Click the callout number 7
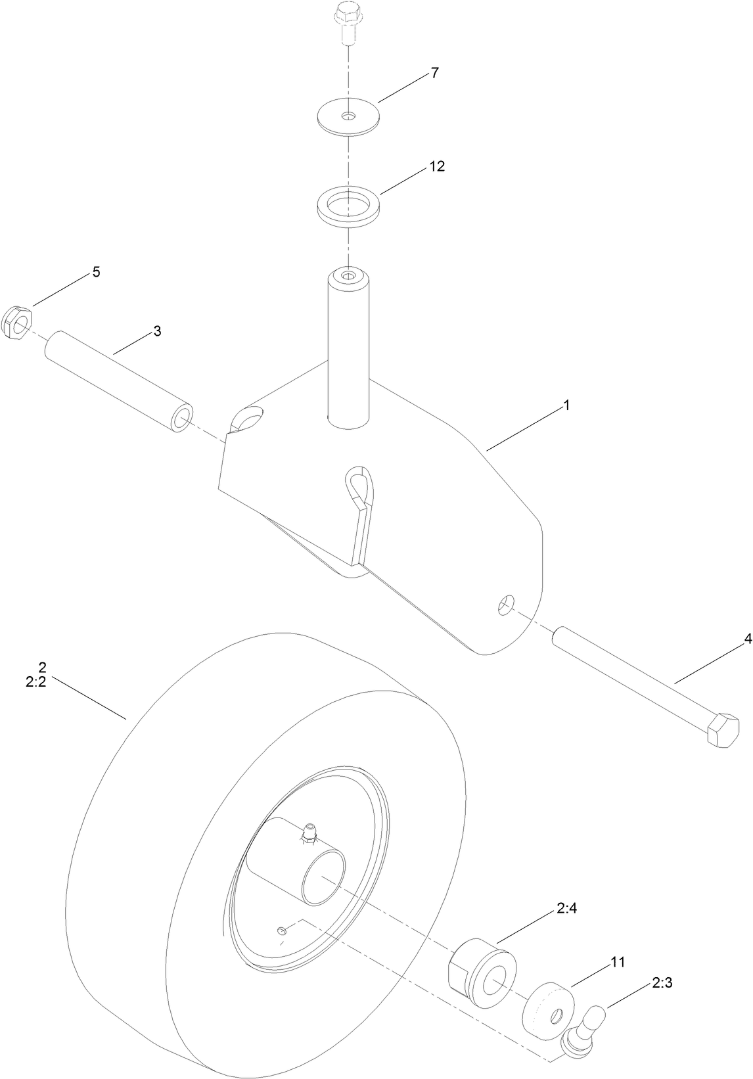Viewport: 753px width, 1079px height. pos(434,73)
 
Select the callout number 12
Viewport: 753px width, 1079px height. pos(437,166)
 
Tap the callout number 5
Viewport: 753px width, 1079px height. pos(96,272)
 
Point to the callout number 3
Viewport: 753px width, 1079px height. pos(157,331)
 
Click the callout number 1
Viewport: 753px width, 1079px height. pos(566,405)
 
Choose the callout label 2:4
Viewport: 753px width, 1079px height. pos(567,909)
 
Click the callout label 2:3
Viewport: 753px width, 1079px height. pos(662,984)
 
